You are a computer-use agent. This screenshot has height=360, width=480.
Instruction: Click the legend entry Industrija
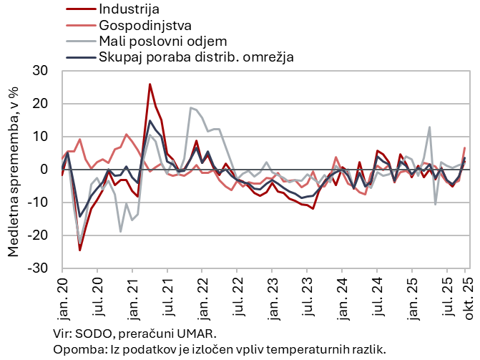129,9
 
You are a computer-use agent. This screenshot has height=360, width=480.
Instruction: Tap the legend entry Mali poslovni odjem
163,41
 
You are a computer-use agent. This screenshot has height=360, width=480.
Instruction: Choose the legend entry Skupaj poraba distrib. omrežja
197,57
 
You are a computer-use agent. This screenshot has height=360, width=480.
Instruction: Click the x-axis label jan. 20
62,294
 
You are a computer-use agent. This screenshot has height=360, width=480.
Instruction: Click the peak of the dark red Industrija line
150,84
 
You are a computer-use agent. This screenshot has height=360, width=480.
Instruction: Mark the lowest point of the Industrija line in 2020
80,250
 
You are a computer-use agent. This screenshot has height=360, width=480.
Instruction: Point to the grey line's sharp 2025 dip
436,204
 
